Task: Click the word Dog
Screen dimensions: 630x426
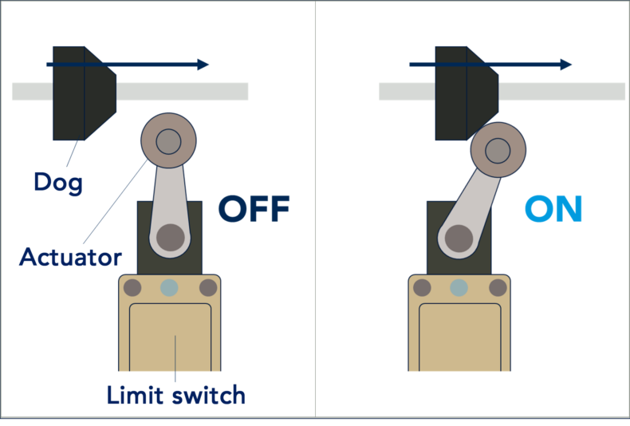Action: (58, 183)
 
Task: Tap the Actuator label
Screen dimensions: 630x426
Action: (70, 257)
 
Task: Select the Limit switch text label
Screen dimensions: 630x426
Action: (176, 395)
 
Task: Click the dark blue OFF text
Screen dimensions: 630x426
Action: (254, 208)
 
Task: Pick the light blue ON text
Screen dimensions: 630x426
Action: (553, 208)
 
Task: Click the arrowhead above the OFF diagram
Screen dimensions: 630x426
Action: (203, 65)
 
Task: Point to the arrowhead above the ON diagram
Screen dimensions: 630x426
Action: (565, 65)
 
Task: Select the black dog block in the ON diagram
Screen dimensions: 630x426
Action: (467, 93)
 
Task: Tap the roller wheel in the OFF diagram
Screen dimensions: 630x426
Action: (169, 140)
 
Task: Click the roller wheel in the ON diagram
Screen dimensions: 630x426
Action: (498, 150)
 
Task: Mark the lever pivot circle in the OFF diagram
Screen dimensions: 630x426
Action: (171, 238)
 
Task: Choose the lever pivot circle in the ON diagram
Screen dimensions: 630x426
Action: (459, 239)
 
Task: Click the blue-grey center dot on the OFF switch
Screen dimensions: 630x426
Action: (169, 288)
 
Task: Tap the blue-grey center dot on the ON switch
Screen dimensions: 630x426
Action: (459, 288)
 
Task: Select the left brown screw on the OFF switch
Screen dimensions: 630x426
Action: (132, 288)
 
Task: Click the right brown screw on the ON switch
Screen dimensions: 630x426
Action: (498, 288)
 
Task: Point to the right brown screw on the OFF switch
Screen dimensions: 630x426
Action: (208, 288)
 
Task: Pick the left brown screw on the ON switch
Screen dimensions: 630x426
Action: (422, 288)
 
